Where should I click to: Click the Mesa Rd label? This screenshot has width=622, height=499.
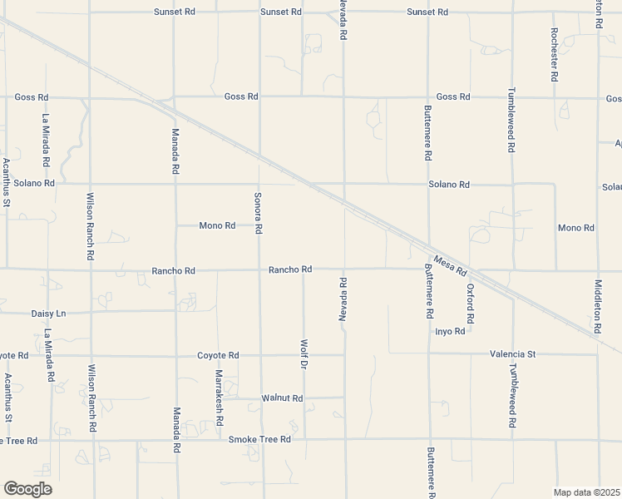click(x=449, y=266)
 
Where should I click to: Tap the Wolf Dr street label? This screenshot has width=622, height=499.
click(x=304, y=354)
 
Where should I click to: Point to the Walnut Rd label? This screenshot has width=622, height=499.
click(x=282, y=398)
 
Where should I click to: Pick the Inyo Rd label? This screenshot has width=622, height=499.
click(x=449, y=331)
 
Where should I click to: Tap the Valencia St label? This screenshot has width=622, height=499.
click(x=512, y=353)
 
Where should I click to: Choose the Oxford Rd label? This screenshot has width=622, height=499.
click(x=470, y=304)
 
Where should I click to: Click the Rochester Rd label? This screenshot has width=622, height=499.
click(x=554, y=55)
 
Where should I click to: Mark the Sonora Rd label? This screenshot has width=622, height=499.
click(x=259, y=212)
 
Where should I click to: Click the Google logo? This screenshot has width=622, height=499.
click(x=27, y=489)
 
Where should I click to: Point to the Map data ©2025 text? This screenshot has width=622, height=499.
click(x=586, y=492)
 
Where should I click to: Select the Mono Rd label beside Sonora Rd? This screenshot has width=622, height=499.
click(x=217, y=225)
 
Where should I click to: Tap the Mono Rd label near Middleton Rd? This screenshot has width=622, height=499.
click(x=576, y=227)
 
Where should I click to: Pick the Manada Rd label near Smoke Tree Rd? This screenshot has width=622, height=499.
click(x=176, y=429)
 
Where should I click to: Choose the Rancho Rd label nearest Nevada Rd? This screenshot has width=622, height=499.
click(x=290, y=269)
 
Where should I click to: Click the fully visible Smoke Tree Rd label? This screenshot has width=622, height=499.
click(x=259, y=439)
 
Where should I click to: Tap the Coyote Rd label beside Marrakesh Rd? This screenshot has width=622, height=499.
click(x=218, y=355)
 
